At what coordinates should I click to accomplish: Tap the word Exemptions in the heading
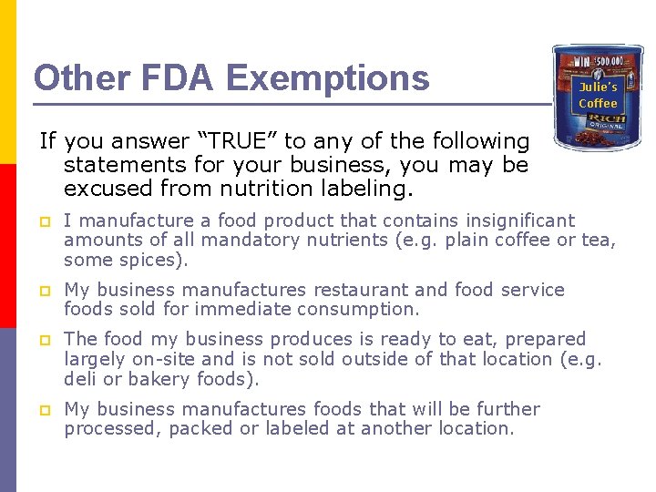click(x=328, y=78)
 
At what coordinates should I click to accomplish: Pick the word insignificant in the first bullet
click(x=520, y=220)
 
